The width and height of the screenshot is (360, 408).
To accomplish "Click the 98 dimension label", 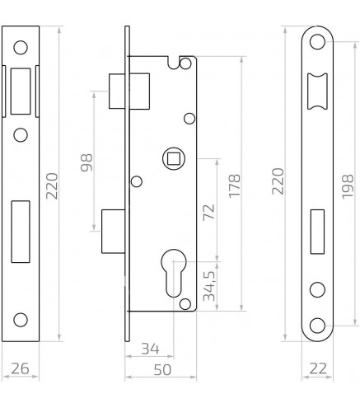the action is (86, 162).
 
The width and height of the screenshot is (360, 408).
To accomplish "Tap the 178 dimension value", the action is (235, 185).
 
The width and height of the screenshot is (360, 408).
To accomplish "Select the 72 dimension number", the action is (208, 212).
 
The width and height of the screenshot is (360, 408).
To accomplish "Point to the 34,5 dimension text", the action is (208, 286).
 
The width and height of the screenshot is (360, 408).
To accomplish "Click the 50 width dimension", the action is (162, 370).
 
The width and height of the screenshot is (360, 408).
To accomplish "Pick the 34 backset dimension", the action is (150, 349).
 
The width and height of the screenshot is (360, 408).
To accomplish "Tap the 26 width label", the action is (20, 368).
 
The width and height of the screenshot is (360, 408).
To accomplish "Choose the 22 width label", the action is (318, 368).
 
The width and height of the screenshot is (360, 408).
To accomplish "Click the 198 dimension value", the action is (348, 186).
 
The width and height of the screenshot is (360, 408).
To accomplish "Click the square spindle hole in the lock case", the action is (174, 158).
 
